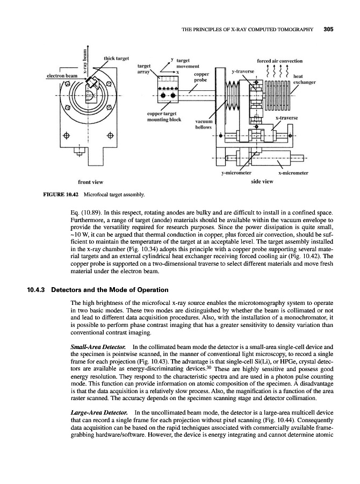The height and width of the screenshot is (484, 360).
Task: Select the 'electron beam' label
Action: tap(62, 76)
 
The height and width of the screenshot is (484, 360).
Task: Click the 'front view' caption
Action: tap(91, 181)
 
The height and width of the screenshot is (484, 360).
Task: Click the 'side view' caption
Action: tap(262, 181)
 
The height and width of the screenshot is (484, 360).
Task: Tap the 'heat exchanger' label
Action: tap(304, 79)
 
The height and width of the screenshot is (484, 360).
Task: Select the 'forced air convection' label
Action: tap(281, 61)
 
